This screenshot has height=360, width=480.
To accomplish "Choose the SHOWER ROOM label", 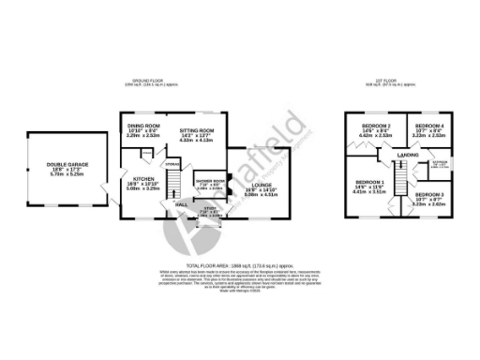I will (x=210, y=181).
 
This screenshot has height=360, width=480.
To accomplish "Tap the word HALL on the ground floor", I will (x=181, y=202).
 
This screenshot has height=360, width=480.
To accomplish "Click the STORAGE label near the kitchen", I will (x=172, y=164).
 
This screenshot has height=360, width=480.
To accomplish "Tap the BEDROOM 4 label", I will (x=428, y=126).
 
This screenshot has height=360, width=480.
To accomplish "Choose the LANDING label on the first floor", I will (x=407, y=155).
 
